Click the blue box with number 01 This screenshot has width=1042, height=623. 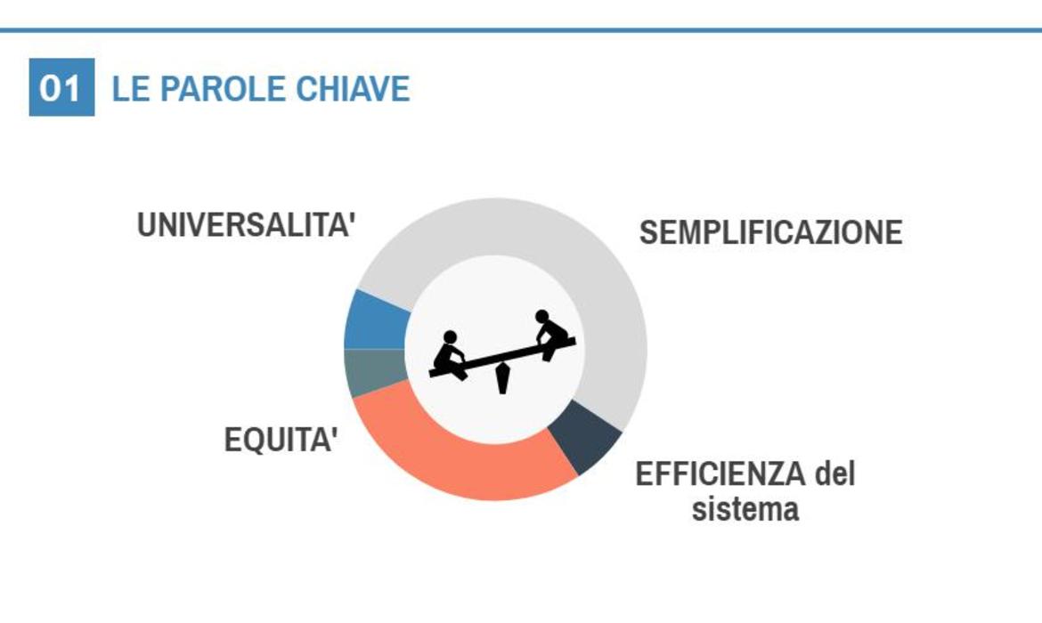click(61, 87)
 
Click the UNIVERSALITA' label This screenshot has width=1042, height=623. click(246, 224)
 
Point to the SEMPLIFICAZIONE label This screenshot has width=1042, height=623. click(771, 232)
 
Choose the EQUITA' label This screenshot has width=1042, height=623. click(281, 440)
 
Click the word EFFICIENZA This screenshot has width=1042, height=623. click(720, 474)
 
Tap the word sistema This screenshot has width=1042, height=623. click(745, 509)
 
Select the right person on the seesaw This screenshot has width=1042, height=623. click(551, 334)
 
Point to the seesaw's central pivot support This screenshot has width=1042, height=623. click(502, 378)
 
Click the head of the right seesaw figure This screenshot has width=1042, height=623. click(542, 316)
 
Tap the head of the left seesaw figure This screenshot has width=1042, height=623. click(451, 336)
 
